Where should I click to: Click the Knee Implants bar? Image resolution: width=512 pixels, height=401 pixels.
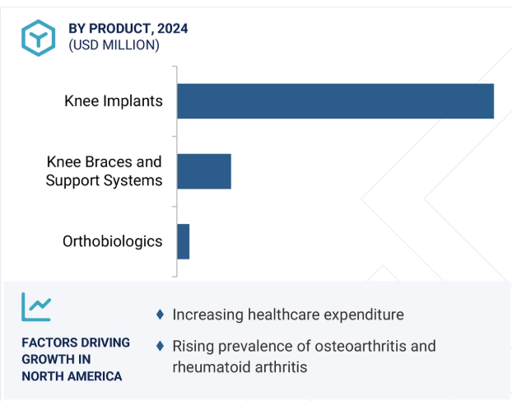335,101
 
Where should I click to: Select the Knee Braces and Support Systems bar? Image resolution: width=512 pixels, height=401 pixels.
204,171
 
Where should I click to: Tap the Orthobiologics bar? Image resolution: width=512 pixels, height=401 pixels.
184,241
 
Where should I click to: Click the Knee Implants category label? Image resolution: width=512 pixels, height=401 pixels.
114,101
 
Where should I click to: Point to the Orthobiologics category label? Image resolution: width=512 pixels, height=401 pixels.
112,241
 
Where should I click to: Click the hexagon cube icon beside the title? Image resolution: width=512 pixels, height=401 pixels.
38,38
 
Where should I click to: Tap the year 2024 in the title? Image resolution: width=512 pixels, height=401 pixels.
173,29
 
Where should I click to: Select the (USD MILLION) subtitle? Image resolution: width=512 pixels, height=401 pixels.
114,45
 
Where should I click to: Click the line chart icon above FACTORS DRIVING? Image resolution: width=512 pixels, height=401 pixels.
36,306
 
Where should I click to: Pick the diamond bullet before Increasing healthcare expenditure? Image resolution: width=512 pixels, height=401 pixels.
160,315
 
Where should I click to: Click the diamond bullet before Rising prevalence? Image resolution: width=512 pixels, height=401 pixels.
160,346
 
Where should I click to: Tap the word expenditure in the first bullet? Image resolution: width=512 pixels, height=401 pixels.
364,315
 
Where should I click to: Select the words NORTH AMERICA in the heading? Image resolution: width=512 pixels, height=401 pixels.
72,376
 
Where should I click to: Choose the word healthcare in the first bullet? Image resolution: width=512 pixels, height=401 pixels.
283,315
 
